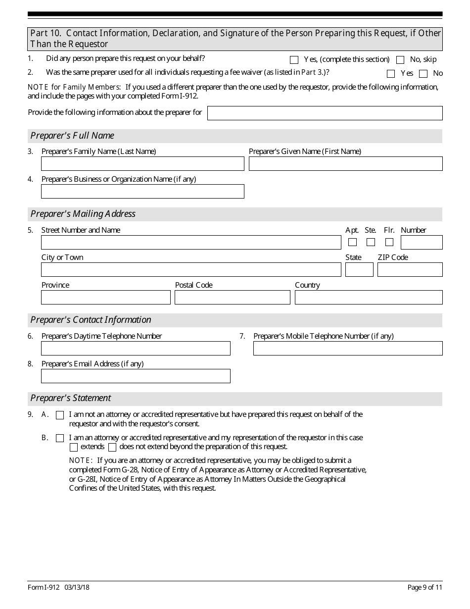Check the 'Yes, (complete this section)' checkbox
click(x=294, y=60)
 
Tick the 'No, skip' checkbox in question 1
click(x=400, y=60)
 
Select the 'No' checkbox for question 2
click(x=423, y=74)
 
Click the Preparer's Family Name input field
click(x=142, y=164)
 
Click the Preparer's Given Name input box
click(x=345, y=164)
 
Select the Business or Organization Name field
click(x=142, y=192)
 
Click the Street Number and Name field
click(x=191, y=243)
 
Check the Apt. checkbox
click(x=352, y=242)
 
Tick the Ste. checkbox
click(x=371, y=242)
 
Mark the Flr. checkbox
click(x=389, y=242)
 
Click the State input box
click(x=359, y=270)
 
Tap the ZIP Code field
click(x=410, y=270)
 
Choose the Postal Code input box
click(x=232, y=298)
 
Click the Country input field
click(x=369, y=298)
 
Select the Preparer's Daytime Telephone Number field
click(x=136, y=349)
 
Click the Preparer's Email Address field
click(x=136, y=376)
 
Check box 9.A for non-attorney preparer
click(x=60, y=415)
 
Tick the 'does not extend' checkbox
click(x=112, y=448)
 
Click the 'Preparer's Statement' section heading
click(x=71, y=398)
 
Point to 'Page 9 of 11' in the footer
click(x=424, y=587)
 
